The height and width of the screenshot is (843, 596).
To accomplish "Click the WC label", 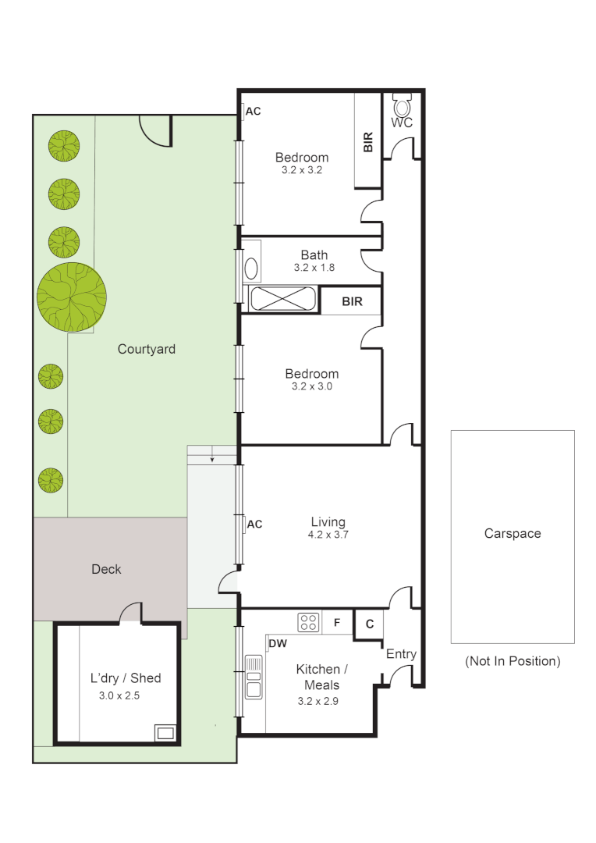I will click(x=402, y=123).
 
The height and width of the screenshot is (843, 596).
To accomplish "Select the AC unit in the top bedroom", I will click(x=242, y=112).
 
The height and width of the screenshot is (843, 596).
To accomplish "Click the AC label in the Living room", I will click(x=254, y=525).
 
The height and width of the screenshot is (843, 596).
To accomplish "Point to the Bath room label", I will click(x=314, y=254).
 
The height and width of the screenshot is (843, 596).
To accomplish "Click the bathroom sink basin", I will click(x=251, y=269).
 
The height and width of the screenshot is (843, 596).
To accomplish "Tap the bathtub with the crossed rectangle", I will click(x=282, y=299).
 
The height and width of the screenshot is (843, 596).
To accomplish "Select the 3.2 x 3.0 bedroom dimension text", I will click(x=311, y=386).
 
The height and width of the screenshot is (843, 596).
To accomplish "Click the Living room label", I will click(x=328, y=522).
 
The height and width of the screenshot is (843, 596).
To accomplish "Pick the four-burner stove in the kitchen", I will click(x=308, y=622).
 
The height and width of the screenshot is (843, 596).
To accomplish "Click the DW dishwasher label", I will click(x=278, y=644).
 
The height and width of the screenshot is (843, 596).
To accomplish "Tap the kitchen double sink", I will click(x=254, y=676).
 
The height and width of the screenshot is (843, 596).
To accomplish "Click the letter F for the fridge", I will click(x=337, y=623).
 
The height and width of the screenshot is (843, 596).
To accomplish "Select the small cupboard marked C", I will click(x=369, y=624).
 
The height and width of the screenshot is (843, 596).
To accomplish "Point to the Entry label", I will click(x=401, y=654).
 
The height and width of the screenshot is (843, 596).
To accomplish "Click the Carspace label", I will click(x=513, y=534).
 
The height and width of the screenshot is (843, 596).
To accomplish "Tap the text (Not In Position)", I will click(x=513, y=661).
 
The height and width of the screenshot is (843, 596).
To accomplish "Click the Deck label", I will click(x=106, y=569).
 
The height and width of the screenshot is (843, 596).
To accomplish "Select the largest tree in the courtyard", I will click(x=72, y=297).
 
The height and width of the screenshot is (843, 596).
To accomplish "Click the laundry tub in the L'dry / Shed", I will click(x=165, y=732).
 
